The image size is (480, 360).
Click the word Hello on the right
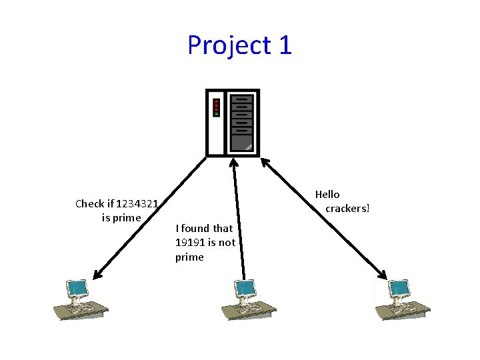tap(327, 195)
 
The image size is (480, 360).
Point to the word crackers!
tap(347, 209)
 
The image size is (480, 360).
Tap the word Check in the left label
tap(89, 204)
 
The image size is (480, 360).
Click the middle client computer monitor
tap(245, 289)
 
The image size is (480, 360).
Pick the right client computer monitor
tap(399, 289)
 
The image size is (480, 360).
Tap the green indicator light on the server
tap(217, 114)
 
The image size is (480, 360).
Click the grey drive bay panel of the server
tap(241, 123)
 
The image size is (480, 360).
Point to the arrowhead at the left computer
tap(97, 275)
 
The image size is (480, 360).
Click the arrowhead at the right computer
tap(383, 274)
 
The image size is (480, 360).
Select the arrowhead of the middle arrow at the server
tap(233, 162)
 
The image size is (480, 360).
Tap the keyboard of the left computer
tap(82, 308)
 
